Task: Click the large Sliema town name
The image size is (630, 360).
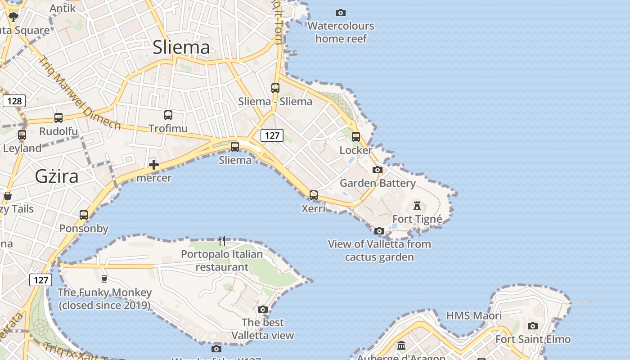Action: (x=181, y=47)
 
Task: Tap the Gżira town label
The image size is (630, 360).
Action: (x=57, y=176)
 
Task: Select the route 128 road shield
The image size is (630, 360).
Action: (x=14, y=101)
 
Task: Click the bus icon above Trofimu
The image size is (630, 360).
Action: (x=168, y=115)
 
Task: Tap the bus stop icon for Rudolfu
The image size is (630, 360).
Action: (x=58, y=118)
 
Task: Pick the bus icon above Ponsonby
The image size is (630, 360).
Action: (x=84, y=215)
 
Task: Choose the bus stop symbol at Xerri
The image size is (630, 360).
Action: (x=314, y=195)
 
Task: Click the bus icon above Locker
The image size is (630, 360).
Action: (x=356, y=136)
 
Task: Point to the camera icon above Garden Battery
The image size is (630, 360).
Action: (x=378, y=170)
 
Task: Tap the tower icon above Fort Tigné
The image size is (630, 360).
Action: (x=417, y=206)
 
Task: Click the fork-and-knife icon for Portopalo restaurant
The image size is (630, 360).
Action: (x=222, y=241)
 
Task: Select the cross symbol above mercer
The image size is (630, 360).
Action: (x=154, y=165)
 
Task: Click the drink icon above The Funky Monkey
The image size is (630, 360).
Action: (x=104, y=279)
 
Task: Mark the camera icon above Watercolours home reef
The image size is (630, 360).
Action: (x=341, y=13)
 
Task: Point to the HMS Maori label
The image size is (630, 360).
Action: (x=474, y=316)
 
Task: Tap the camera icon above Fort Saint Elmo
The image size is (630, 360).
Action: (x=533, y=326)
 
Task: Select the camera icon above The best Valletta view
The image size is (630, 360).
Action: (x=263, y=309)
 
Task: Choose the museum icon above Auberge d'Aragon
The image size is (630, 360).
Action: (x=401, y=346)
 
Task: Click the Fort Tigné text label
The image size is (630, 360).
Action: (x=417, y=219)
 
